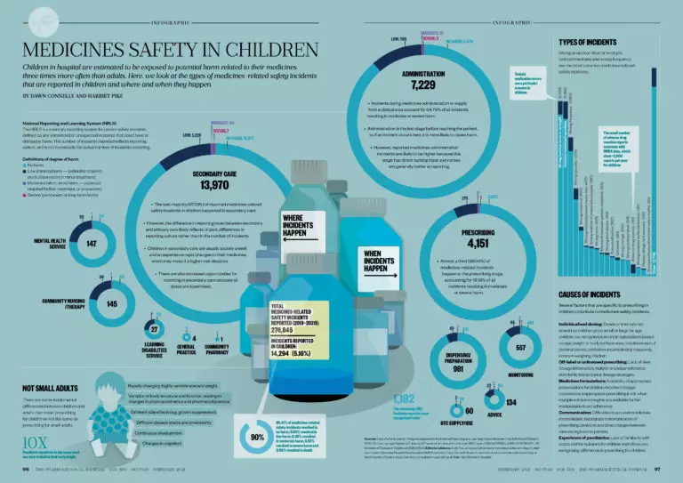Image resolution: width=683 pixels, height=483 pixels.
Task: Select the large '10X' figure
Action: point(36,439)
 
